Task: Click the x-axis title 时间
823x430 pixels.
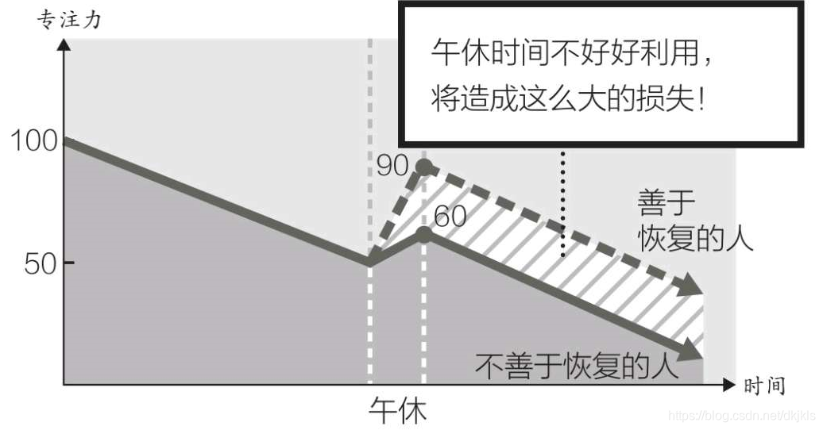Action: click(764, 386)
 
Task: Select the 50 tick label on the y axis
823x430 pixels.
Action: click(40, 263)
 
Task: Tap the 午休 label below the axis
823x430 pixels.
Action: click(397, 411)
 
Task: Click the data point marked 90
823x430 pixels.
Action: click(424, 166)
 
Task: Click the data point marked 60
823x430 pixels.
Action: click(424, 234)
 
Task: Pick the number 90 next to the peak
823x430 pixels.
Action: click(392, 166)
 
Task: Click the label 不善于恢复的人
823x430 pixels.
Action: click(578, 367)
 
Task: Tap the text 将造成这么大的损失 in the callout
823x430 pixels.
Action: click(561, 100)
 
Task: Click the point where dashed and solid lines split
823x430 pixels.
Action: click(370, 262)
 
